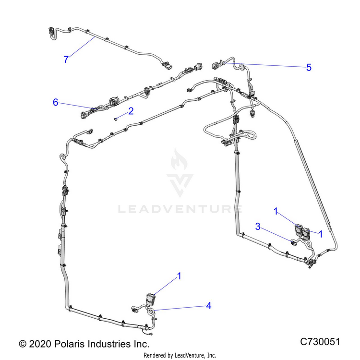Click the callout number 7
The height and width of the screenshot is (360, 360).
pyautogui.click(x=66, y=59)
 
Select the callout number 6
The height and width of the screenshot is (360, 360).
pyautogui.click(x=56, y=102)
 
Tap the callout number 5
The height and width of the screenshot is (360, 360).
pyautogui.click(x=309, y=67)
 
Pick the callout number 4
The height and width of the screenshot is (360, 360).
pyautogui.click(x=208, y=306)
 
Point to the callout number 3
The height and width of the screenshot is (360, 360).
pyautogui.click(x=258, y=227)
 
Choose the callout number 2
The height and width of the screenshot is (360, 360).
pyautogui.click(x=131, y=111)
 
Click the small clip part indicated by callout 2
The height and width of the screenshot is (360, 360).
pyautogui.click(x=116, y=119)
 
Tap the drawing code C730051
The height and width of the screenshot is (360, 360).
pyautogui.click(x=320, y=341)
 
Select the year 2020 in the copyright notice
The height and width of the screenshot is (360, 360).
pyautogui.click(x=40, y=344)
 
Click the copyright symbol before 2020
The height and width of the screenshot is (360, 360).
pyautogui.click(x=23, y=344)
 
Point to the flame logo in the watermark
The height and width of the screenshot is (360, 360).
pyautogui.click(x=179, y=159)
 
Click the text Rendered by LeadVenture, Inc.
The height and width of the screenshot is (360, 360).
pyautogui.click(x=180, y=355)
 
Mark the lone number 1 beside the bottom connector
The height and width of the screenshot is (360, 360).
pyautogui.click(x=180, y=276)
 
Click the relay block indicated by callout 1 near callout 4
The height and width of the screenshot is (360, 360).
pyautogui.click(x=151, y=300)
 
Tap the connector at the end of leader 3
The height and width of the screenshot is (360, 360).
pyautogui.click(x=294, y=242)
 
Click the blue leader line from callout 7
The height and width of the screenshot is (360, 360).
pyautogui.click(x=82, y=48)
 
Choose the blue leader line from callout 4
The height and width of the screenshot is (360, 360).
pyautogui.click(x=180, y=308)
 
